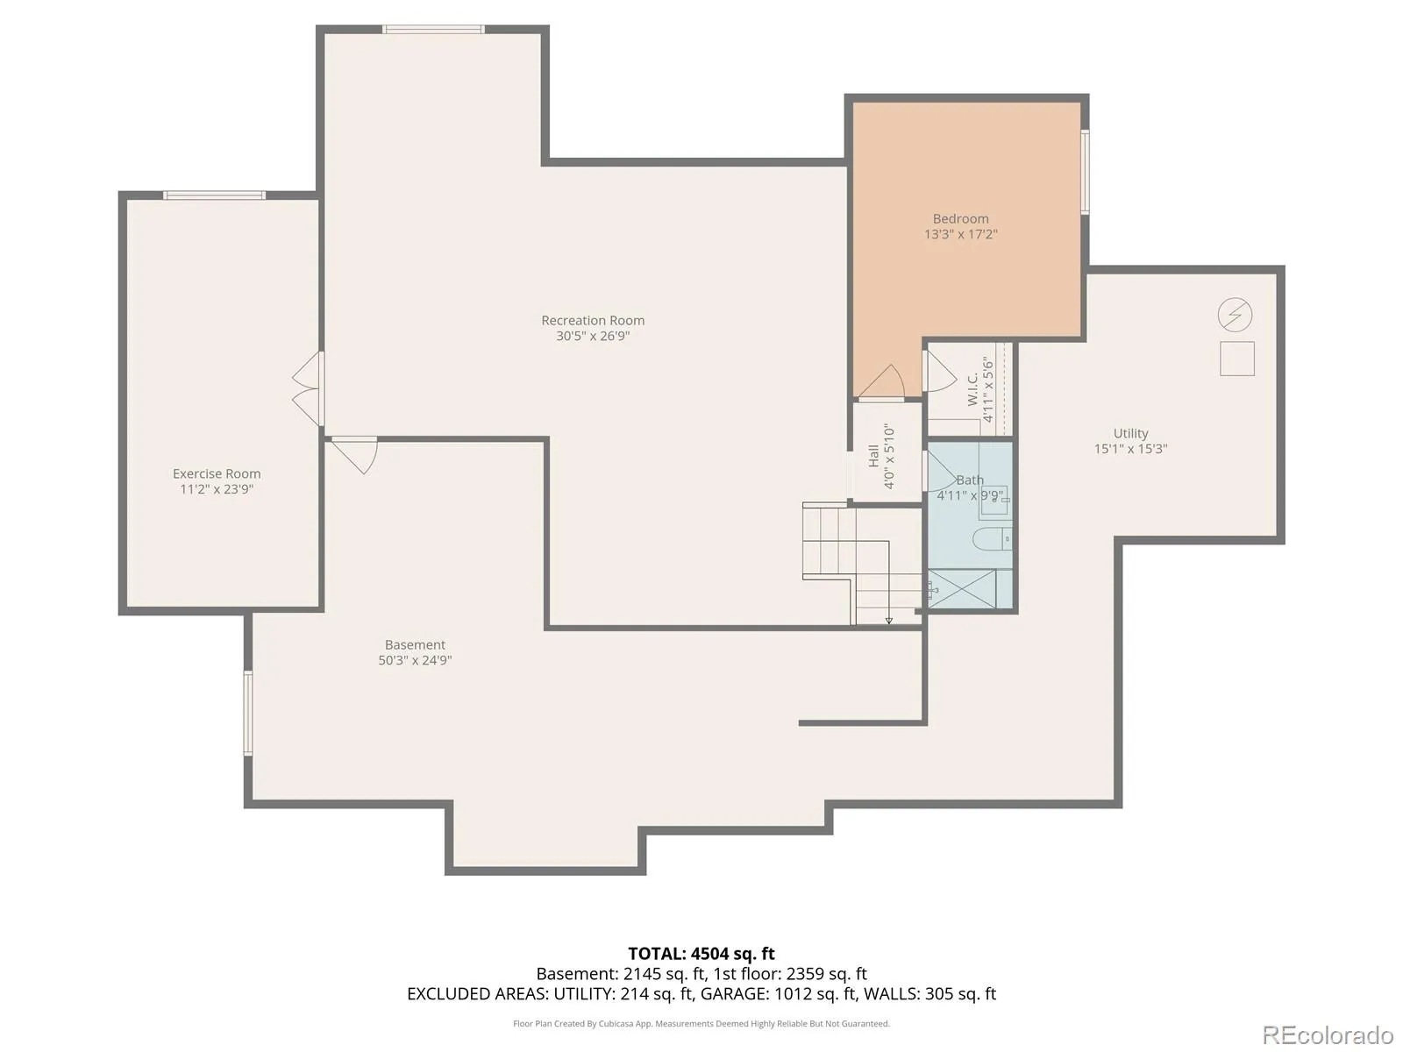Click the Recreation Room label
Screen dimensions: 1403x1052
593,320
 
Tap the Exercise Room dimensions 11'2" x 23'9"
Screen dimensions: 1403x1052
217,489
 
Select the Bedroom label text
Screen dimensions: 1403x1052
960,218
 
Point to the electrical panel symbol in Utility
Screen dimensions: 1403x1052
1235,315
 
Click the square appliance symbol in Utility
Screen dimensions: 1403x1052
1236,359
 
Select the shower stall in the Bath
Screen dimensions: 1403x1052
962,589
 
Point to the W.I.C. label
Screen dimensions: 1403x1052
972,389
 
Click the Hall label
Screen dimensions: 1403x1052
873,456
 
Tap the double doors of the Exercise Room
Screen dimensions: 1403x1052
308,388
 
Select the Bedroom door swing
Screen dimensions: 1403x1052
880,381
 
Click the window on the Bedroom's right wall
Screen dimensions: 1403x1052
1085,171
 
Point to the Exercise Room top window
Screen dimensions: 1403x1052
214,195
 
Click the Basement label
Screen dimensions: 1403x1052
415,644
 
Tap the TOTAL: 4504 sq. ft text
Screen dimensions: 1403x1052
701,954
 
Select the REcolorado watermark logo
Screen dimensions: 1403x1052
1328,1034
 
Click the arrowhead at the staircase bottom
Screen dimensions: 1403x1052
888,620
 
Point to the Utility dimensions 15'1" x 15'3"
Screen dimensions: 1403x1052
1130,448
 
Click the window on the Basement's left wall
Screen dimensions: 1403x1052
248,713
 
